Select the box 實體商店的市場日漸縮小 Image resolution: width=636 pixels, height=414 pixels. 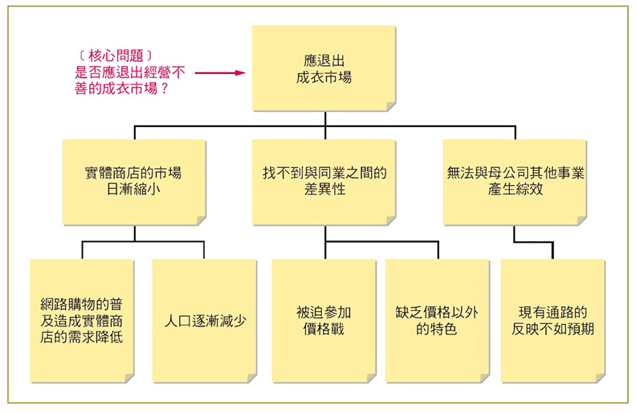[x=133, y=182]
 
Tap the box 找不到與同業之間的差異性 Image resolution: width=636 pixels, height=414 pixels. [x=324, y=182]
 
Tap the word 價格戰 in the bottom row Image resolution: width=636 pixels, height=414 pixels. [x=324, y=330]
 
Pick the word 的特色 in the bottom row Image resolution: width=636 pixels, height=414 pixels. [x=437, y=330]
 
